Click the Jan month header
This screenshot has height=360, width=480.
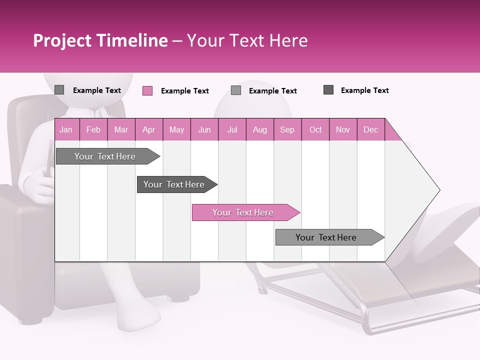pos(66,129)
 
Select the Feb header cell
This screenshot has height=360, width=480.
pos(93,129)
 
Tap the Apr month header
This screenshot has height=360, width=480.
pos(149,129)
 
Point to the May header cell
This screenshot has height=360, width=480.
pos(176,129)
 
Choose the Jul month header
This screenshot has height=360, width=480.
pos(232,129)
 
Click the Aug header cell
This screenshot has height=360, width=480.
pos(260,129)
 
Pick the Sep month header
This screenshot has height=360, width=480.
pos(287,129)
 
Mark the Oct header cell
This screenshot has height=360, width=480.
pos(315,129)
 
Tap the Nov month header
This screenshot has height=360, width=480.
pos(343,129)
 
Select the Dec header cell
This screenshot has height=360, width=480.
pos(371,129)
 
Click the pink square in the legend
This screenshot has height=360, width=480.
pos(147,90)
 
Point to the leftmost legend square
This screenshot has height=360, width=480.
pos(59,90)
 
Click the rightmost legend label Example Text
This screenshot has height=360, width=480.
pos(364,90)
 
